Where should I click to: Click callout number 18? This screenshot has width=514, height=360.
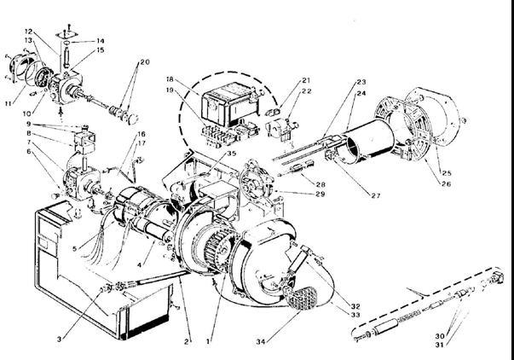coord(170,79)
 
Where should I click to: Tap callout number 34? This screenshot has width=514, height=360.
coord(261,342)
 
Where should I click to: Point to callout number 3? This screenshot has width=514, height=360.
coord(59,340)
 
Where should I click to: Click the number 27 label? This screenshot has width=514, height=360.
coord(376,196)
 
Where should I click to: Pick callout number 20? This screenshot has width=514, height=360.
coord(145,61)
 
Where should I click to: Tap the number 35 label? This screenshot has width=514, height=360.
coord(232,154)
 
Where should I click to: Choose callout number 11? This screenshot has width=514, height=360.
coord(9,103)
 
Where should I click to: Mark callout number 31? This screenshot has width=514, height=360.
coord(440,345)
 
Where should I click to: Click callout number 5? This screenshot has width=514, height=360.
coord(75,248)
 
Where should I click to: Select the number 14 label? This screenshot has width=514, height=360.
coord(101,41)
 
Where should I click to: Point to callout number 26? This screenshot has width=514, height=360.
coord(446,183)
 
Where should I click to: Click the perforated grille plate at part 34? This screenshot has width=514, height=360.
coord(303,299)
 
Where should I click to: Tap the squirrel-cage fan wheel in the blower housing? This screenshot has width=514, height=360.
coord(219,248)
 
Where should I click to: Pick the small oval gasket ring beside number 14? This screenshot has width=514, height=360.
coord(66,43)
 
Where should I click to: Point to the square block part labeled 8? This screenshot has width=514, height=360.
coord(84,142)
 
